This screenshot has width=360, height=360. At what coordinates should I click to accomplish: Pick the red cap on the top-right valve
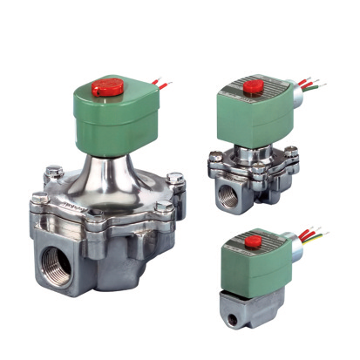(x=253, y=86)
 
